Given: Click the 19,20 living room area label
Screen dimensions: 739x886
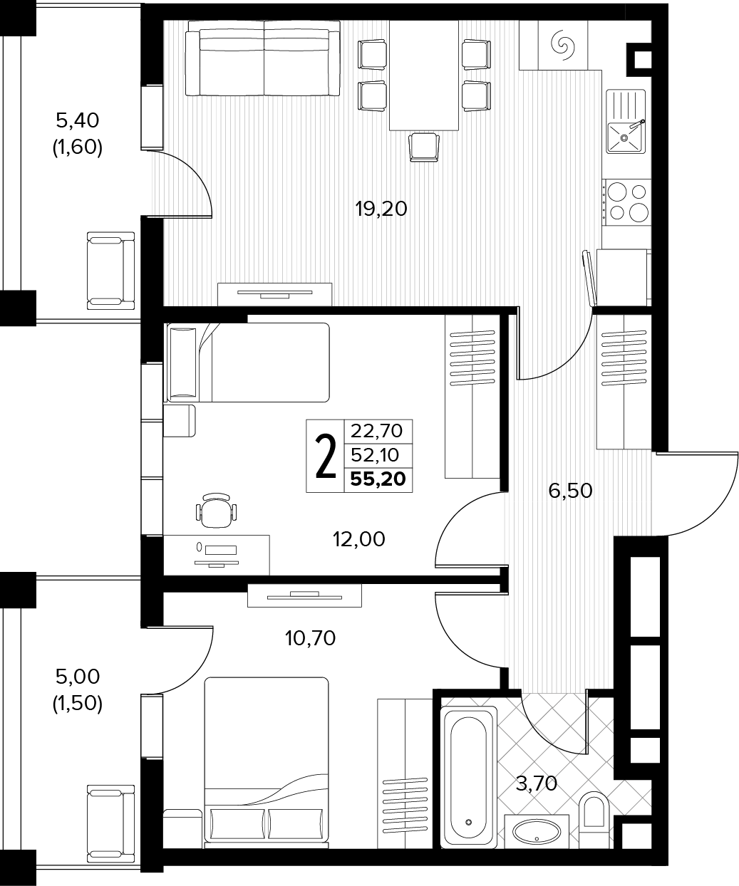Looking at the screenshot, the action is coord(381,209).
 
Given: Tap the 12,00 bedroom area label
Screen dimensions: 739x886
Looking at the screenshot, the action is coord(359,539).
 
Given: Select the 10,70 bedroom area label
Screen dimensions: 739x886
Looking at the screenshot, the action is coord(311,637).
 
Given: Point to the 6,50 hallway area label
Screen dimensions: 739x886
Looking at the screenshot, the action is coord(570,491).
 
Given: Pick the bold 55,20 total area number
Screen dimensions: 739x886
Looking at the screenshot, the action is coord(378,479).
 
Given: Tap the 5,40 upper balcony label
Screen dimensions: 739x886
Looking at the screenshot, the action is coord(78,120).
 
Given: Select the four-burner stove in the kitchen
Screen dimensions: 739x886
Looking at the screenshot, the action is coord(627,202).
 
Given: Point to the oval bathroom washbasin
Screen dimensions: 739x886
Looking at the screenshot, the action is coord(537,830).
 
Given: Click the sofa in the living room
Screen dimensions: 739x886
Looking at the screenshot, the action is coord(263,58).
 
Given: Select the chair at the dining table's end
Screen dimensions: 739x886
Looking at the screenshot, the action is coord(424,147).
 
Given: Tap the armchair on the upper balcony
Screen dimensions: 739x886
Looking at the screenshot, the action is coord(111,271).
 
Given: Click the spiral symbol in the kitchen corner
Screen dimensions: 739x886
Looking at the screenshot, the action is coord(562,43).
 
